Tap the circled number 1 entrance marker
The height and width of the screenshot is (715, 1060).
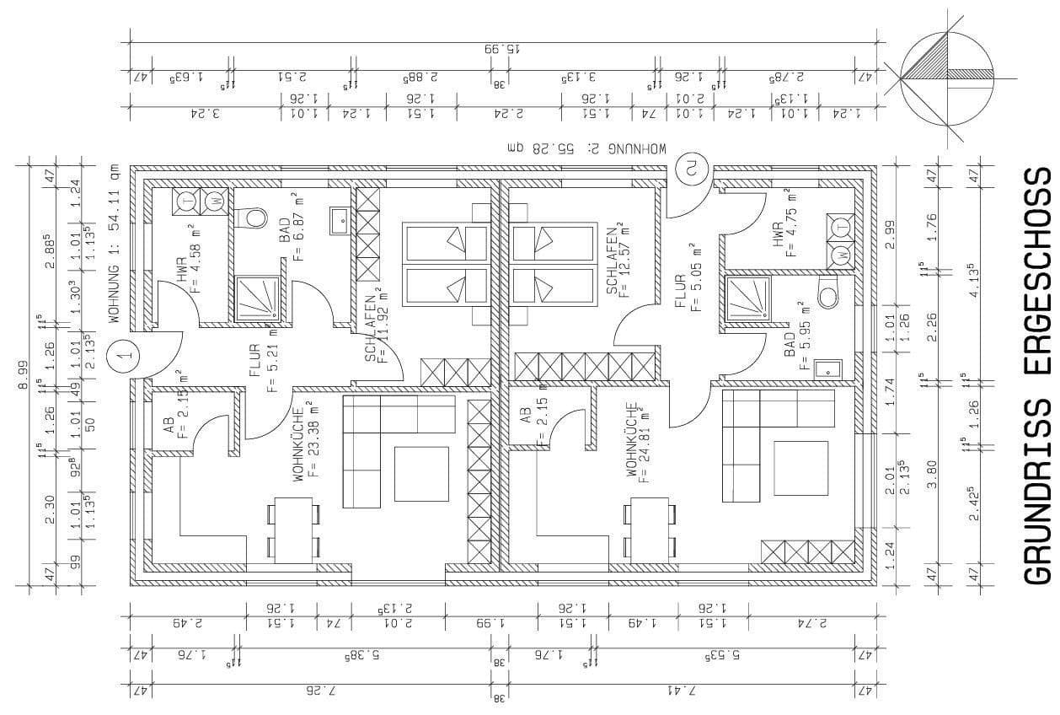(x=126, y=355)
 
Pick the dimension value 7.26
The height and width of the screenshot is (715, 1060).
(x=319, y=691)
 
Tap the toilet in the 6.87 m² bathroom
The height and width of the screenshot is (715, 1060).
(x=249, y=218)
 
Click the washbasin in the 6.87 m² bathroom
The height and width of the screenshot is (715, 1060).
(x=340, y=221)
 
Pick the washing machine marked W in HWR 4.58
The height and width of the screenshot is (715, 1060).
(x=215, y=202)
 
